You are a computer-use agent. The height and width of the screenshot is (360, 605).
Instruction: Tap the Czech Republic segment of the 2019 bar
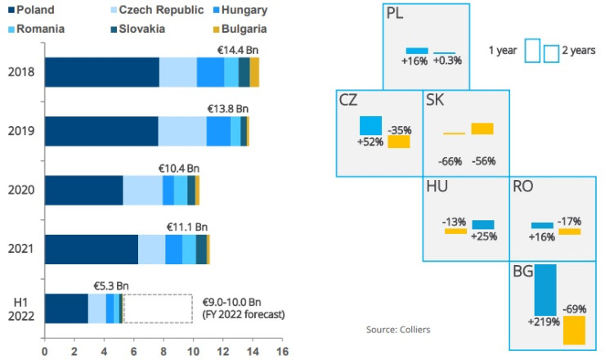coord(181,131)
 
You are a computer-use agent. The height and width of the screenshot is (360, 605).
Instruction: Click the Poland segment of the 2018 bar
coord(101,73)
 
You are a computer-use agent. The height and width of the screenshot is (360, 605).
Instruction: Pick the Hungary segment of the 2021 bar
coord(173,250)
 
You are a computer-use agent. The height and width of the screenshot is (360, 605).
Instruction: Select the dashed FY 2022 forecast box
coord(157,308)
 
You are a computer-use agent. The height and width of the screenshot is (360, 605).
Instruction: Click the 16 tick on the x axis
coord(282,353)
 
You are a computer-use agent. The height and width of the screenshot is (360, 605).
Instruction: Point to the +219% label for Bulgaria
coord(544,322)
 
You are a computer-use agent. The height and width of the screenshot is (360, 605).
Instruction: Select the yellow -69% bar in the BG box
coord(574,330)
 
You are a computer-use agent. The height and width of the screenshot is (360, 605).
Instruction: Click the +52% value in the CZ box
coord(370,142)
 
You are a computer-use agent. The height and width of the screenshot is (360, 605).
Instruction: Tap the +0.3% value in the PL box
coord(448,61)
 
